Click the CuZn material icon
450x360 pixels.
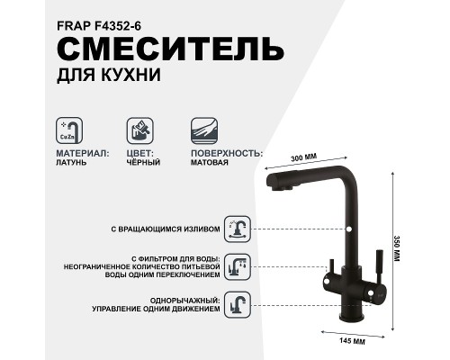(x=68, y=130)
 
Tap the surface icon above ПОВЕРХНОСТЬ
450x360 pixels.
(x=202, y=130)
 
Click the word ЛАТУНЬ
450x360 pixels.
(x=75, y=163)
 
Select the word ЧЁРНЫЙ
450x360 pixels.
(x=144, y=163)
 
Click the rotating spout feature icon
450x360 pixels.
(x=236, y=229)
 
